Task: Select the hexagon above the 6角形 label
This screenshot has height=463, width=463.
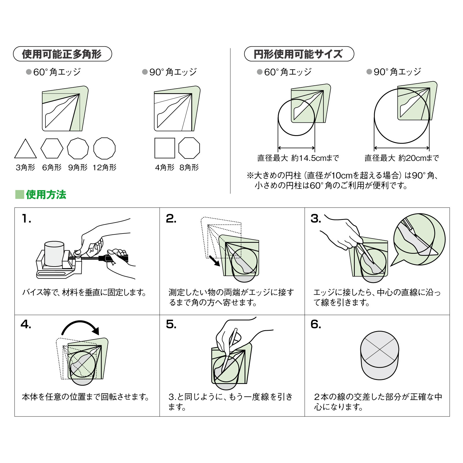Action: pyautogui.click(x=52, y=148)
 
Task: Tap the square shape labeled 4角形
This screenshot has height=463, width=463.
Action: pyautogui.click(x=165, y=148)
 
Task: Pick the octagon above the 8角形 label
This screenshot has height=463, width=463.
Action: pyautogui.click(x=189, y=148)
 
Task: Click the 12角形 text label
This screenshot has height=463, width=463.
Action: pyautogui.click(x=104, y=168)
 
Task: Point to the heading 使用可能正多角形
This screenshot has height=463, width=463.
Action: pyautogui.click(x=62, y=54)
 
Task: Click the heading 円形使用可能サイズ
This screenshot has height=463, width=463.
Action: pyautogui.click(x=298, y=54)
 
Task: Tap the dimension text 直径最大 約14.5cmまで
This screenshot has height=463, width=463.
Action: pyautogui.click(x=298, y=158)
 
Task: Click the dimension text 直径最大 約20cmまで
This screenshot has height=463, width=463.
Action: pyautogui.click(x=401, y=158)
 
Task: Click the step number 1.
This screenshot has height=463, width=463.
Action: pyautogui.click(x=26, y=219)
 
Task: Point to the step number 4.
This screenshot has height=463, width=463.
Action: pyautogui.click(x=26, y=324)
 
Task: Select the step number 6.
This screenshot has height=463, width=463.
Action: pyautogui.click(x=316, y=324)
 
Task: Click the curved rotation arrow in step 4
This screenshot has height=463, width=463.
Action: pyautogui.click(x=80, y=322)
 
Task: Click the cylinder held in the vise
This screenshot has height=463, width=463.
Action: pyautogui.click(x=54, y=253)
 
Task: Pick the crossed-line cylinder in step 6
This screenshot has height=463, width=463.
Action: pyautogui.click(x=379, y=355)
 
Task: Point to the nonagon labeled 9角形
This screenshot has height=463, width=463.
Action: pyautogui.click(x=78, y=148)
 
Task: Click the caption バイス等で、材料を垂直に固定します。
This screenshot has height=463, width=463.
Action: pyautogui.click(x=84, y=293)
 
